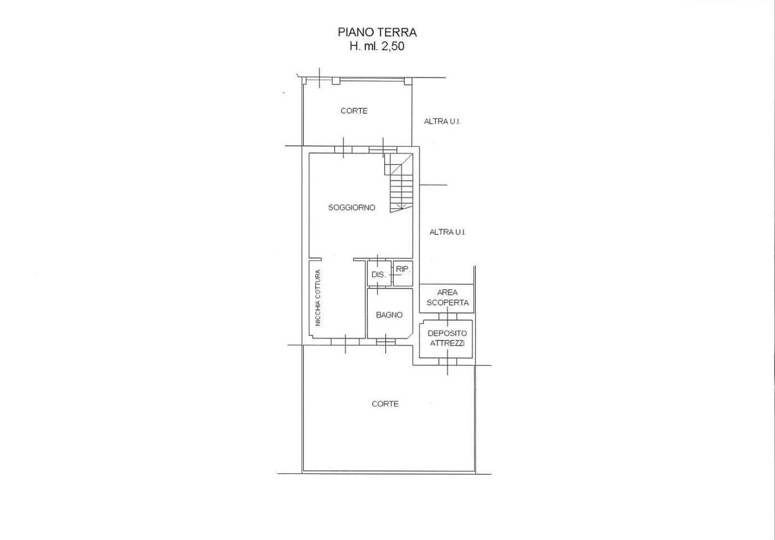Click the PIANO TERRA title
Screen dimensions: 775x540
(x=377, y=33)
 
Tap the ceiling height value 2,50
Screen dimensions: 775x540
(x=392, y=47)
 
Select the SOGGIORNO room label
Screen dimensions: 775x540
(x=351, y=207)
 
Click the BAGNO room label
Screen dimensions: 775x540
(x=389, y=315)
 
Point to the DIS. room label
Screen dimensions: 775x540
(x=378, y=274)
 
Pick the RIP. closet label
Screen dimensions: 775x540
(x=402, y=269)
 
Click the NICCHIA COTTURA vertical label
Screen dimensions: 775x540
(x=318, y=298)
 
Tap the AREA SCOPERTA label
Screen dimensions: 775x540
(x=447, y=298)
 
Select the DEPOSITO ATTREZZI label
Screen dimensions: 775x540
(x=447, y=338)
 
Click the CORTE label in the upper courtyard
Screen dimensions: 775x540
(x=354, y=111)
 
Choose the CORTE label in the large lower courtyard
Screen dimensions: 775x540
(x=385, y=404)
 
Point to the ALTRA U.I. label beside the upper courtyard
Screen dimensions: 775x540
(x=442, y=121)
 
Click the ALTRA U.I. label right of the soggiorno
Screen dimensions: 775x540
(x=447, y=232)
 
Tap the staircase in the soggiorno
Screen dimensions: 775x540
(x=401, y=183)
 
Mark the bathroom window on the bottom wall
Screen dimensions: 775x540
(x=386, y=342)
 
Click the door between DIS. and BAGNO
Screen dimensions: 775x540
(x=377, y=288)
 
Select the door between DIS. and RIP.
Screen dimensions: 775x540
(x=392, y=274)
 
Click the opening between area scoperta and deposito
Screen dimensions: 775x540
(x=448, y=317)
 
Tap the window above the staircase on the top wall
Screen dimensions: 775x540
(x=383, y=150)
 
